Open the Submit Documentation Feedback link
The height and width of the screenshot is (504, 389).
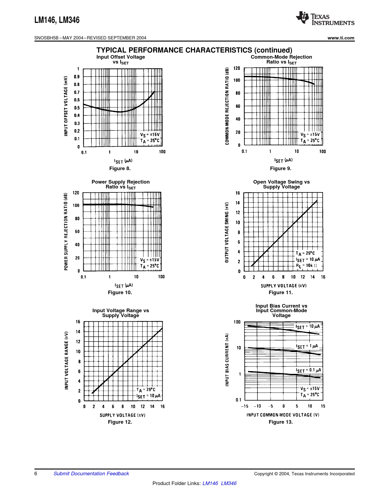click(91, 473)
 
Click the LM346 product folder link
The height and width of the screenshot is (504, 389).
click(229, 483)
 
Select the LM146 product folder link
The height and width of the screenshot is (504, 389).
click(210, 483)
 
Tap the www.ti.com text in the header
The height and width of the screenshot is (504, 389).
click(341, 38)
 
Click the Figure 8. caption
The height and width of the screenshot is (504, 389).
click(120, 168)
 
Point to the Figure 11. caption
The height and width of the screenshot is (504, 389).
click(281, 292)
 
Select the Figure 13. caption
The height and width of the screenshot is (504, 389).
click(281, 422)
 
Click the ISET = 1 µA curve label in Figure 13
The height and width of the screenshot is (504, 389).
click(307, 346)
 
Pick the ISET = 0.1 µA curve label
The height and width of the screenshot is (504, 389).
click(308, 370)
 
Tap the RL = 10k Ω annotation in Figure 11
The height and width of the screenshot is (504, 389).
click(306, 266)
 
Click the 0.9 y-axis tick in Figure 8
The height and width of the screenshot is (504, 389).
click(77, 77)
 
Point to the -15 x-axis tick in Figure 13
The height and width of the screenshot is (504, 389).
click(244, 406)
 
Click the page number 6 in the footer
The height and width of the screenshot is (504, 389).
click(36, 473)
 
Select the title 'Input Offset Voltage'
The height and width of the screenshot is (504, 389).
click(121, 57)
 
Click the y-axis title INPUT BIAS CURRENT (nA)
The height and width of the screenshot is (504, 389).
click(227, 360)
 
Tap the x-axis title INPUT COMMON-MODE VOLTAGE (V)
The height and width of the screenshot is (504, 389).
click(283, 415)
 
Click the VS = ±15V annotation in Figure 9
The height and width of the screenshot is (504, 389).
click(310, 134)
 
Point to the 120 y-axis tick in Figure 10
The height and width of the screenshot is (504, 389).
click(76, 193)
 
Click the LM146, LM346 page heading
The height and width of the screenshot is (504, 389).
click(57, 20)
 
